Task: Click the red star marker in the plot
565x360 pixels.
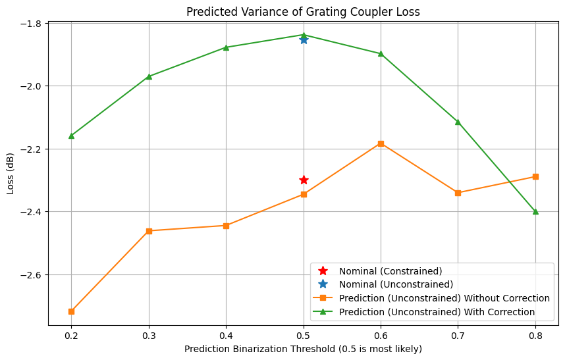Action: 304,180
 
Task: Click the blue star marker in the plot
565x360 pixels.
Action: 304,39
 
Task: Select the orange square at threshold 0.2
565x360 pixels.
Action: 71,311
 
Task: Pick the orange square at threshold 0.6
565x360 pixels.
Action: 381,143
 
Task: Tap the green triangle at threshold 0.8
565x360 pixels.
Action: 535,211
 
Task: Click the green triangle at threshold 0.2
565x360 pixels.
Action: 71,136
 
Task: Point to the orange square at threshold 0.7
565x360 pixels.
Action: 458,193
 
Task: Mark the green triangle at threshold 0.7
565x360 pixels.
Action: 458,122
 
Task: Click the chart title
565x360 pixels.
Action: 303,11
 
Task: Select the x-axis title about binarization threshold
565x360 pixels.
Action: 303,348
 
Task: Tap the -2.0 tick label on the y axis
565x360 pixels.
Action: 30,86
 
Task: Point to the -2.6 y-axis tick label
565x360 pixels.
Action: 30,274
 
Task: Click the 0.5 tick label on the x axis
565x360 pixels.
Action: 304,334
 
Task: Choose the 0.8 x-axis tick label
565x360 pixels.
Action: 535,334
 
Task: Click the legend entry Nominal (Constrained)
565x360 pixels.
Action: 390,270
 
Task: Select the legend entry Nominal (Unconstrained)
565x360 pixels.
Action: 396,284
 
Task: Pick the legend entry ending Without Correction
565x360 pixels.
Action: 444,297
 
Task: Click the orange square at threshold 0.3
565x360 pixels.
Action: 149,231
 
